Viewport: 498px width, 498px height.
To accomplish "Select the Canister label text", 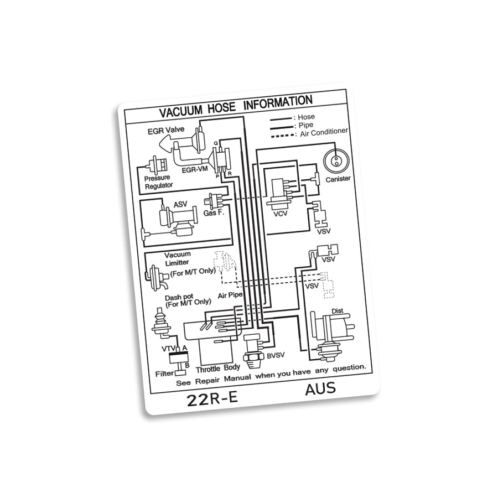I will tap(338, 178).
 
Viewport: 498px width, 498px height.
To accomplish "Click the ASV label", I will tap(180, 205).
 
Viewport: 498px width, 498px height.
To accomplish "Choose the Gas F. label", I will tap(214, 212).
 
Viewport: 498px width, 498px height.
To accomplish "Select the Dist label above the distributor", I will tap(337, 311).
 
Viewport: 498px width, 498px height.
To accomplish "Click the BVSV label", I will tap(276, 356).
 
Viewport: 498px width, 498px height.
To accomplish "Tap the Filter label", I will tap(164, 373).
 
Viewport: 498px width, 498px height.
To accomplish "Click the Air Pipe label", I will tap(231, 295).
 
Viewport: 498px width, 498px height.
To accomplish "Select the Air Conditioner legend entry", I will tap(324, 131).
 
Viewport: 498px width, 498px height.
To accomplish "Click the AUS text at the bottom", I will tap(320, 389).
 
